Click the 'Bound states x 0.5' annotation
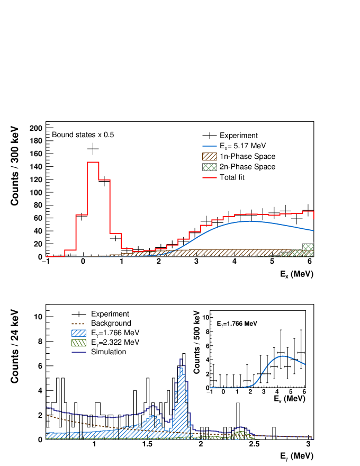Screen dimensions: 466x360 [83, 135]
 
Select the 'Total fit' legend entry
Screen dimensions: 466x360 [235, 177]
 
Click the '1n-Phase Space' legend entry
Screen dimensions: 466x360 [247, 156]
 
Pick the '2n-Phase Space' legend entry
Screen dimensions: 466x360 [247, 167]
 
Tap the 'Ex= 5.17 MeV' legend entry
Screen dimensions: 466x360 [242, 146]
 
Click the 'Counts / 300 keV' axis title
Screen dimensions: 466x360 [15, 166]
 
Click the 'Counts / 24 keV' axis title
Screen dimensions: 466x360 [15, 351]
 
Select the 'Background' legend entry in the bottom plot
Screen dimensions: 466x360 [111, 323]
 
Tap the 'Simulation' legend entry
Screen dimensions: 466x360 [108, 352]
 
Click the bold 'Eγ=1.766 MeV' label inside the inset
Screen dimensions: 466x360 [237, 323]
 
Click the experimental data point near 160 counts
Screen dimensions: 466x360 [93, 149]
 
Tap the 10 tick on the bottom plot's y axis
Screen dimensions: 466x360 [38, 317]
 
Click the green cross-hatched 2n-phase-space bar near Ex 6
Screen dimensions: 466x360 [308, 248]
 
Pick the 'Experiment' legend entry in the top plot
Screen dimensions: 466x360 [238, 136]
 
